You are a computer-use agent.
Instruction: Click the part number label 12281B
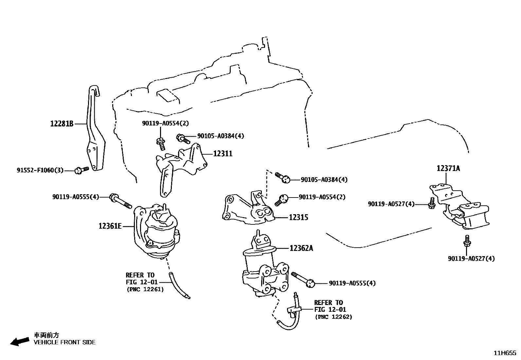(62, 124)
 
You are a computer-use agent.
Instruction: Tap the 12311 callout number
(223, 153)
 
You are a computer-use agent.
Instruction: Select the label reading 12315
(298, 217)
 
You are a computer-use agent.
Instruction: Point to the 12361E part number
(110, 226)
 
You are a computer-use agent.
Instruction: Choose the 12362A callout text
(301, 248)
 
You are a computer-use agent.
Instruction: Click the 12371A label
(448, 168)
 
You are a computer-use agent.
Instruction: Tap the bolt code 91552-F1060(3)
(40, 170)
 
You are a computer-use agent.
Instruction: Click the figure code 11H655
(505, 353)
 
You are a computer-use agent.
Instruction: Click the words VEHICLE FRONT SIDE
(65, 342)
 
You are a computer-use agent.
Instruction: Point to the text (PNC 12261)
(145, 289)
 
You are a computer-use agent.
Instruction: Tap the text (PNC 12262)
(333, 317)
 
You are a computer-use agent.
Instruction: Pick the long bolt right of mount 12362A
(303, 279)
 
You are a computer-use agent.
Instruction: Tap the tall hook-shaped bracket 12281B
(95, 131)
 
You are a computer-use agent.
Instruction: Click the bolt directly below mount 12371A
(466, 243)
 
